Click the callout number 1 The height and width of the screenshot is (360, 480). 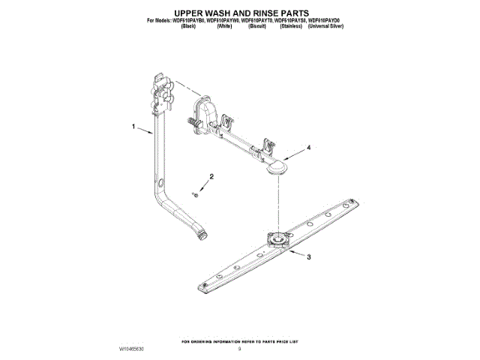135,127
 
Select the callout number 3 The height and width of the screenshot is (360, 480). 308,256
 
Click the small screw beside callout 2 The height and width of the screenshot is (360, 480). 194,193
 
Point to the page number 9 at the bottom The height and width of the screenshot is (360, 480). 239,349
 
